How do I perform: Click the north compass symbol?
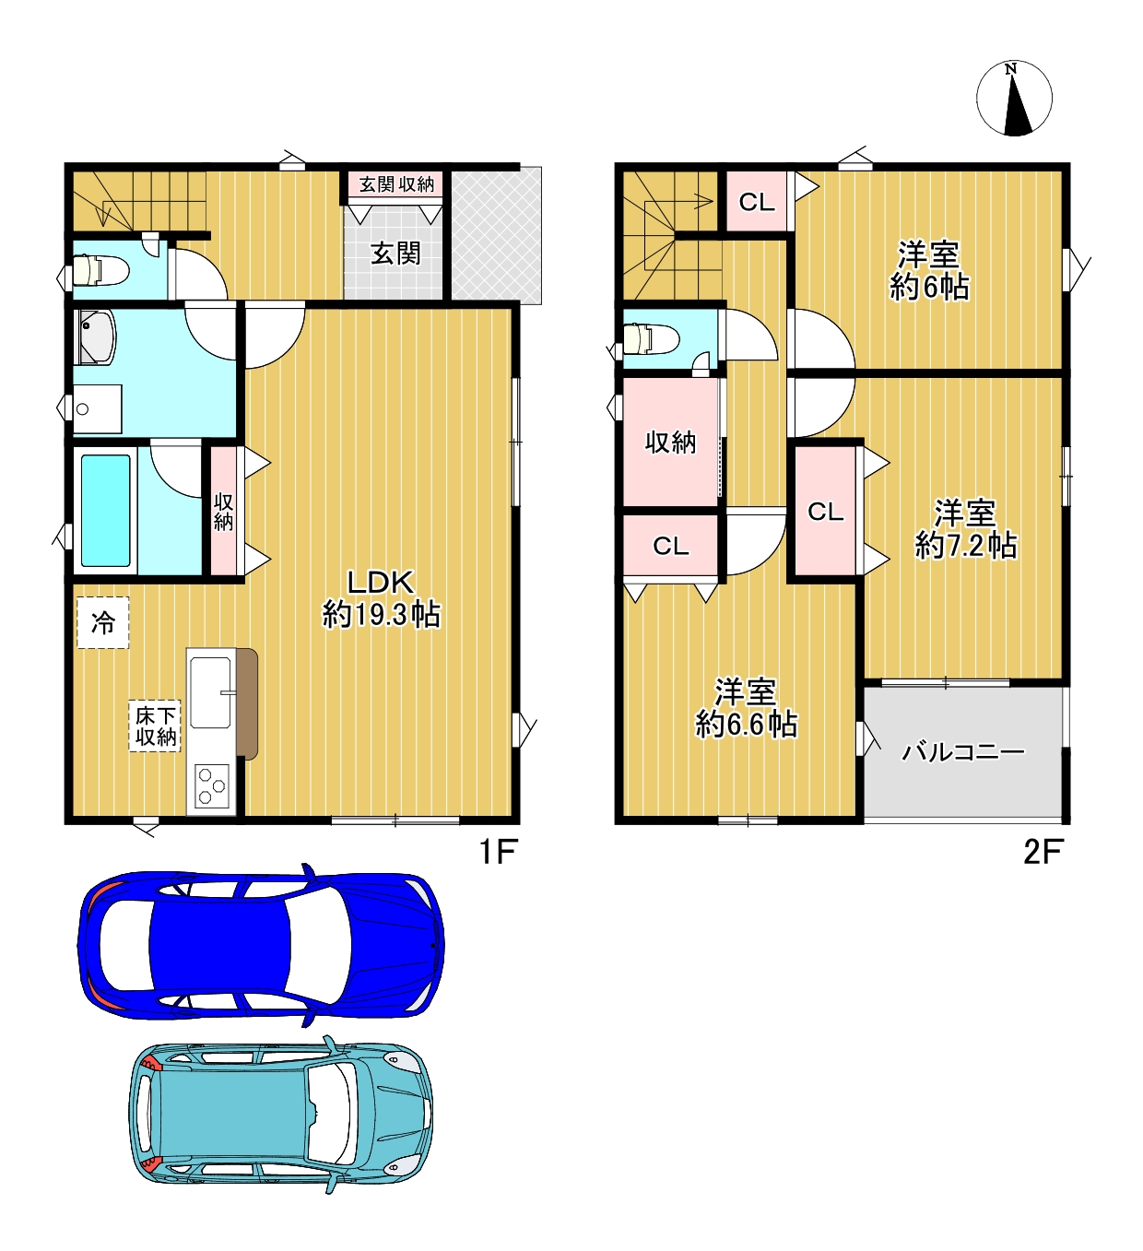point(1014,99)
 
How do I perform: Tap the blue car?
point(261,946)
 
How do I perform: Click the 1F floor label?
point(499,852)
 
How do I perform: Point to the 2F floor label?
point(1043,852)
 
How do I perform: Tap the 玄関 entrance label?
point(396,254)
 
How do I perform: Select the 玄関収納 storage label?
point(396,184)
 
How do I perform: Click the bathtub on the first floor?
point(106,510)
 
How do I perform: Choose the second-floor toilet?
point(651,340)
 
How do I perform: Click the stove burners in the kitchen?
point(212,785)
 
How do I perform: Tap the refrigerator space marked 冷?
point(103,622)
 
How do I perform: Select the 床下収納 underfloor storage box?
point(155,726)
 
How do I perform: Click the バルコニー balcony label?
point(962,752)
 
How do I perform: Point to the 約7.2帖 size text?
point(966,546)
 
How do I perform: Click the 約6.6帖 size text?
point(746,725)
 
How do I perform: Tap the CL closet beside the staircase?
point(757,201)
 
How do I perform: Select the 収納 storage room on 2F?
point(670,443)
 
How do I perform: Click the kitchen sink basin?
point(210,692)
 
